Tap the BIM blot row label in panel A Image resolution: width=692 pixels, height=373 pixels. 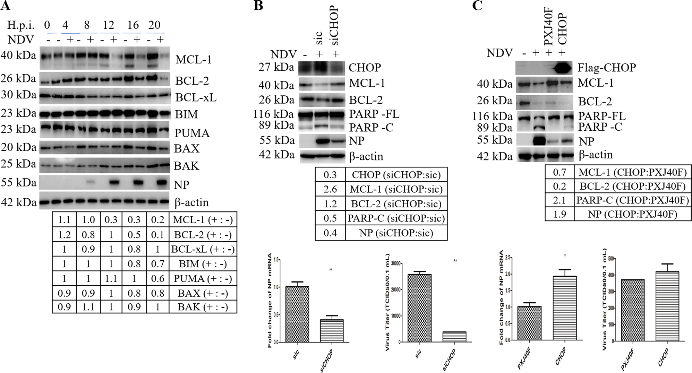187,114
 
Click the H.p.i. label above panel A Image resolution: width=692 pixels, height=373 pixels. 22,25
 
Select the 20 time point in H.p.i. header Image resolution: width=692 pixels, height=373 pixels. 154,25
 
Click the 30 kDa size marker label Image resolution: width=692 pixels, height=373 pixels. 18,95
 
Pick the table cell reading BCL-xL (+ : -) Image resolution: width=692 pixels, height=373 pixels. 203,249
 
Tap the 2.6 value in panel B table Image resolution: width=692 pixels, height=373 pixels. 330,189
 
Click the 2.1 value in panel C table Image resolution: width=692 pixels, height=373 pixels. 559,200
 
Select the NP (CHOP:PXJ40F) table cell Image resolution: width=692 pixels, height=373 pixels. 632,214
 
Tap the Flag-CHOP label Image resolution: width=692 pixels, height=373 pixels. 606,68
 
